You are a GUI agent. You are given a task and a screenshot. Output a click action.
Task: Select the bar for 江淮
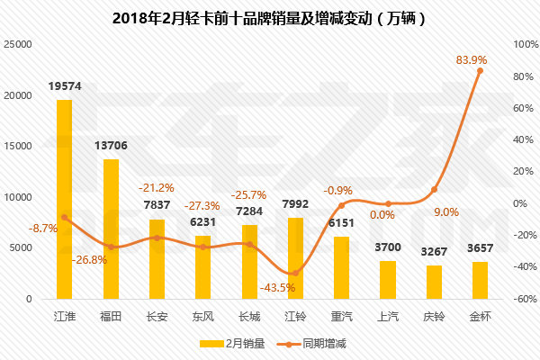click(64, 198)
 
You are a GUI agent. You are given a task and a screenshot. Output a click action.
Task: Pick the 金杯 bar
click(480, 280)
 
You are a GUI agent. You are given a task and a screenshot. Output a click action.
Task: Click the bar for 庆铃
click(434, 282)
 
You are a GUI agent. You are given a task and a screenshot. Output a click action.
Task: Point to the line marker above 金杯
click(480, 70)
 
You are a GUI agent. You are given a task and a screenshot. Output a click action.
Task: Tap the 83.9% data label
click(472, 59)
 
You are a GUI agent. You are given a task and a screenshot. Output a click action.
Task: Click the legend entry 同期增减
click(313, 343)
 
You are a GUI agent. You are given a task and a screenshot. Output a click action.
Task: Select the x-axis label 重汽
click(341, 317)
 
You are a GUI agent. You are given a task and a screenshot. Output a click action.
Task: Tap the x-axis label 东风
click(202, 317)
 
